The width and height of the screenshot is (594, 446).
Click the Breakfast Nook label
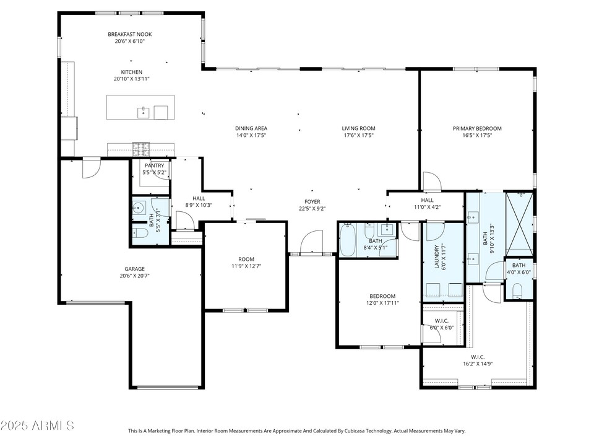[129, 34]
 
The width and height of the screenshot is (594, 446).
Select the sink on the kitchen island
[144, 111]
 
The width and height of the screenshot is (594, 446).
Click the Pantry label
[154, 165]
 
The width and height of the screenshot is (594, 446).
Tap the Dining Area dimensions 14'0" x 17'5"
[251, 136]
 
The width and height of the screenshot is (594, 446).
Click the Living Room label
[359, 128]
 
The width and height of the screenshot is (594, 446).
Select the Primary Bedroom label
[477, 128]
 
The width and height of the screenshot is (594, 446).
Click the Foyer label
[312, 201]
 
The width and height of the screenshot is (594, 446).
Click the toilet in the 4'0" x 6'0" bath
[518, 290]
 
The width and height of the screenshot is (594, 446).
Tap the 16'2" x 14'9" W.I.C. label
[478, 357]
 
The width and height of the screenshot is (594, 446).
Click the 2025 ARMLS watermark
[37, 426]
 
